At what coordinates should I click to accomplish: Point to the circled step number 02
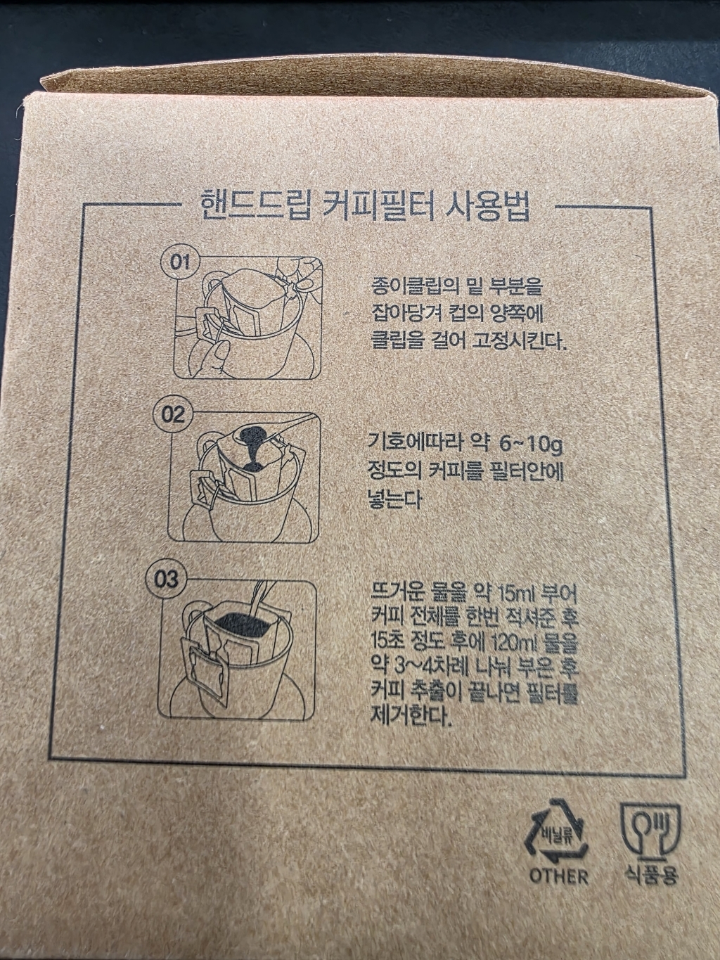[x=172, y=414]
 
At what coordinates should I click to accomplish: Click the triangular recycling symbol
[x=558, y=834]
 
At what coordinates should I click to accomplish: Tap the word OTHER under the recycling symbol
[x=559, y=876]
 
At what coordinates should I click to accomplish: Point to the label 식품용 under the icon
[x=651, y=876]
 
